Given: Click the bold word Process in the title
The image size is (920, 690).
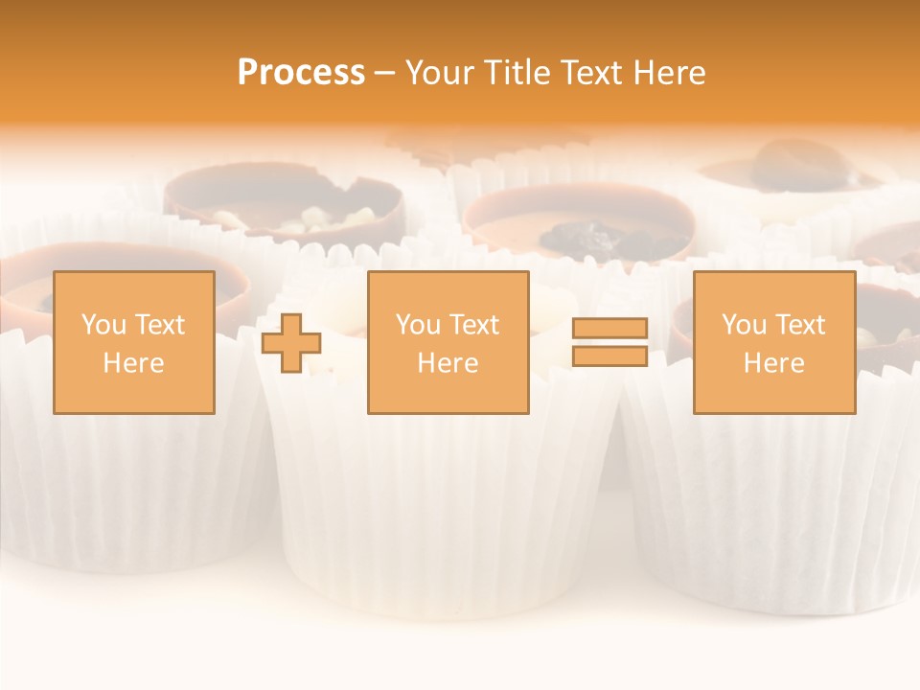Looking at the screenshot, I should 301,73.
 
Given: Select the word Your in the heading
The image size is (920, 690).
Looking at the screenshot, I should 438,73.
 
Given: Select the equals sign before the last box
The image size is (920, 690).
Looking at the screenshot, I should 609,343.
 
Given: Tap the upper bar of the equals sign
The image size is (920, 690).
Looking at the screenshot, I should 609,329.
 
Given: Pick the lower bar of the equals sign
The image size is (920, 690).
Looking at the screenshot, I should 609,356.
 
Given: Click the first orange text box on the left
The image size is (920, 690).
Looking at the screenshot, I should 134,343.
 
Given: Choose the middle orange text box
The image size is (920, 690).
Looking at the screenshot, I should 448,343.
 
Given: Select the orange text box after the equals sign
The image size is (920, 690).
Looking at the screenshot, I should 774,343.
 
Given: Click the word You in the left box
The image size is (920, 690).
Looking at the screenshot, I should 103,325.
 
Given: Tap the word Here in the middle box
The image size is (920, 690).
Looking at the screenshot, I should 448,363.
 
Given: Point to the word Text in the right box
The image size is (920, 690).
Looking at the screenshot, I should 800,325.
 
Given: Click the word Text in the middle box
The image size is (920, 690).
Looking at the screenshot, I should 474,325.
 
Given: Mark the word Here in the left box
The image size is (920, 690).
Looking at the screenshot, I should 134,363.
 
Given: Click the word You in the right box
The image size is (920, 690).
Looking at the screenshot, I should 744,325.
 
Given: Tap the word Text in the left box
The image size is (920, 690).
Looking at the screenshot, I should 160,325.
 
